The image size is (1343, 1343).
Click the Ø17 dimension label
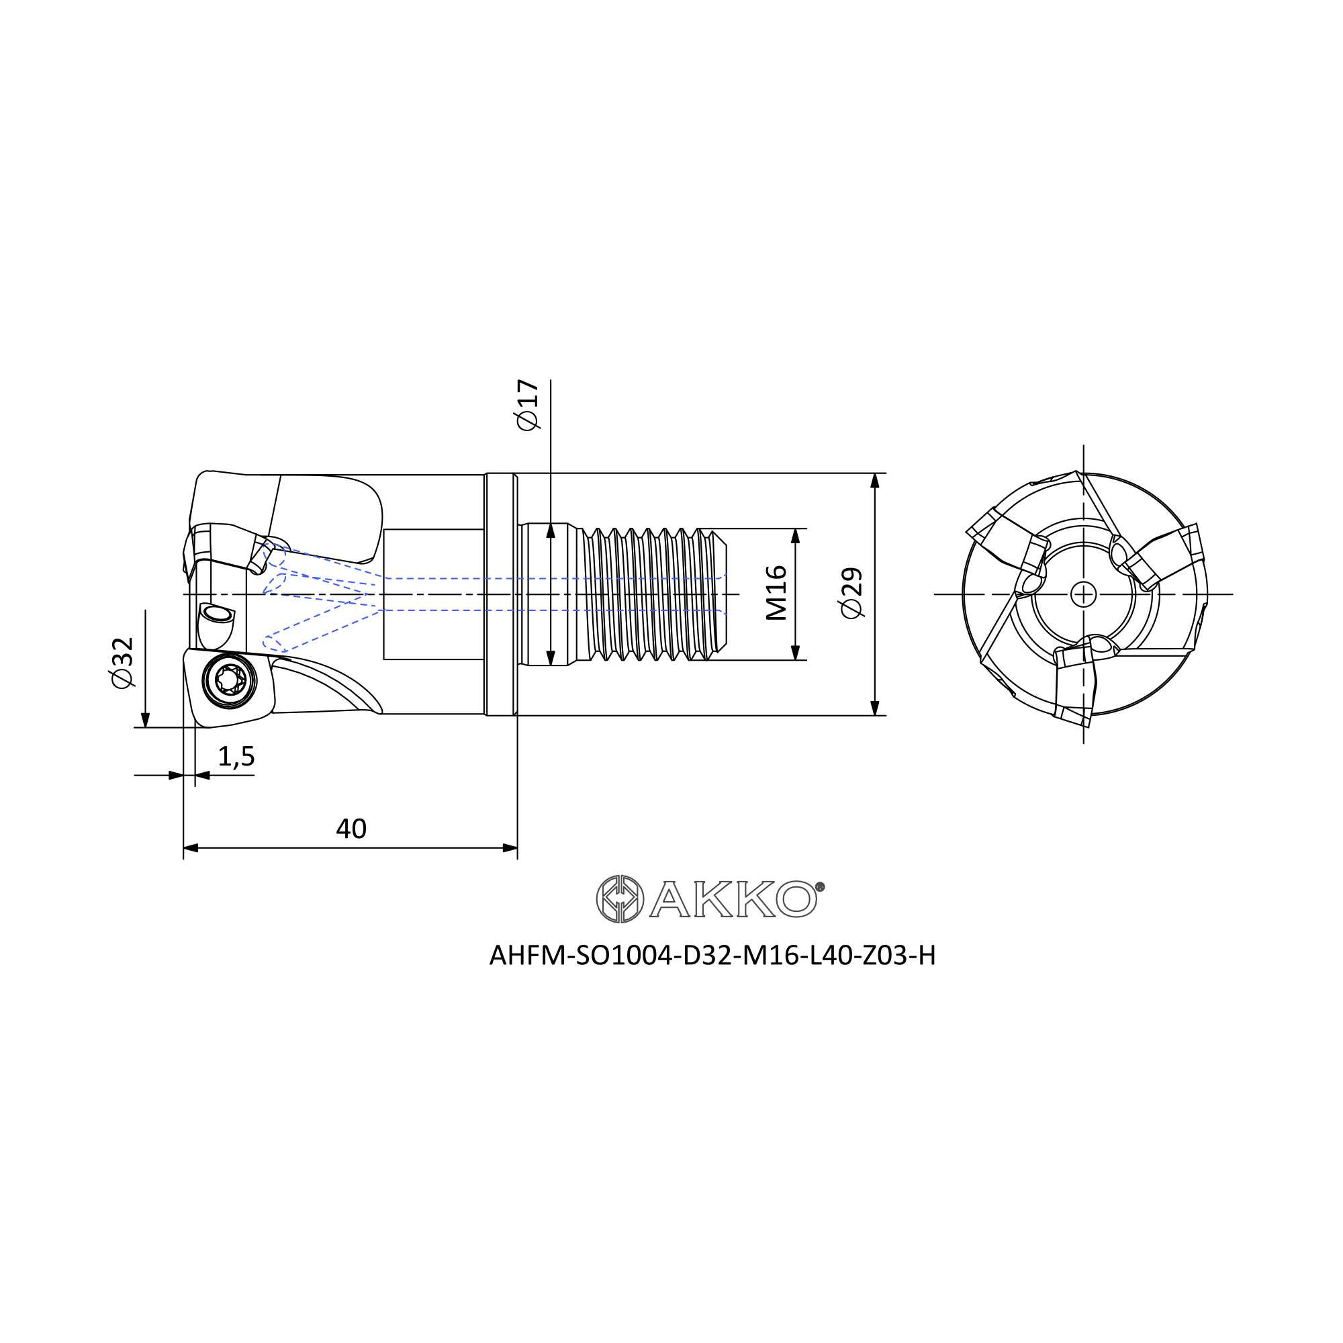coord(528,404)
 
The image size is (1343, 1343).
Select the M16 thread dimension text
coord(776,593)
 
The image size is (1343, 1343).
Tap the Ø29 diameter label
coord(851,593)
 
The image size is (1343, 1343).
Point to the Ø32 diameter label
coord(122,663)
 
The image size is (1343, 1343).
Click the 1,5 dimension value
coord(236,756)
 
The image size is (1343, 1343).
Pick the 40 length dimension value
coord(351,829)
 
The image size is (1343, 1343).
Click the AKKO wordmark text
coord(733,900)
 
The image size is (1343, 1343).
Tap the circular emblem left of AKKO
coord(620,899)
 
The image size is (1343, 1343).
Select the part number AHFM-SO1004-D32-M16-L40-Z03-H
coord(712,956)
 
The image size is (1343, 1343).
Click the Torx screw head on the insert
coord(230,679)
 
